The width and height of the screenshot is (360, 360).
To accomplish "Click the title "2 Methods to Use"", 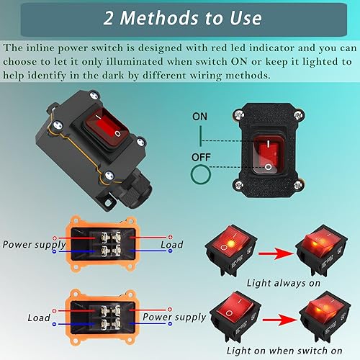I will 180,18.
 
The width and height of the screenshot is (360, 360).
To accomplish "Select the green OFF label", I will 202,156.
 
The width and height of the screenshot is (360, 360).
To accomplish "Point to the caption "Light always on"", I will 282,283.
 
